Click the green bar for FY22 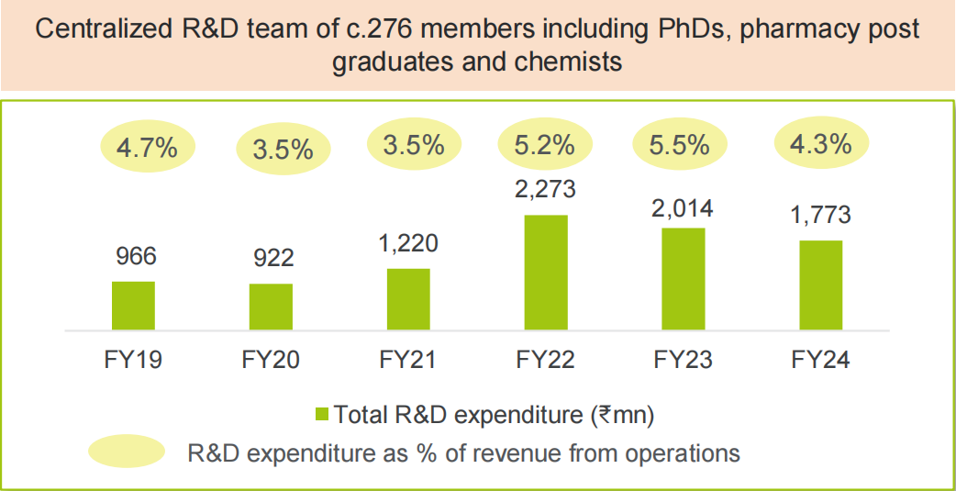click(x=546, y=272)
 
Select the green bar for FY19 click(x=133, y=305)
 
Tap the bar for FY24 click(x=820, y=285)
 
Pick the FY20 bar click(x=271, y=306)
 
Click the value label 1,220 click(x=408, y=244)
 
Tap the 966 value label click(x=133, y=256)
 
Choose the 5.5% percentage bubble click(x=682, y=144)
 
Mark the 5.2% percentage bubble click(x=543, y=144)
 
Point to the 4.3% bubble click(x=820, y=143)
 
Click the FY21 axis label click(x=408, y=359)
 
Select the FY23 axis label click(x=684, y=359)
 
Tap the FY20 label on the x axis click(x=271, y=359)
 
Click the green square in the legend click(x=321, y=414)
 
